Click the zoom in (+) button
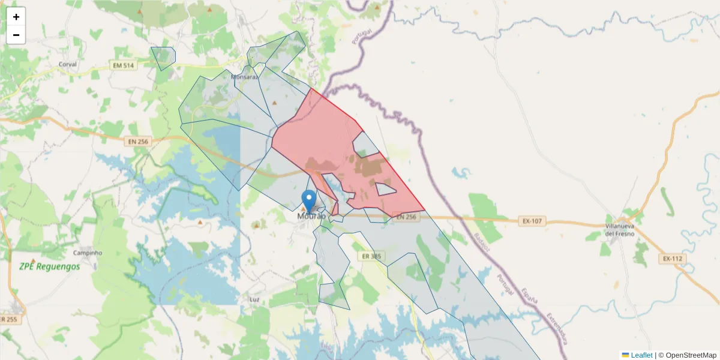click(16, 17)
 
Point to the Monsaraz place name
click(244, 77)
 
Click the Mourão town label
click(311, 216)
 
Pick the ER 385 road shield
click(372, 256)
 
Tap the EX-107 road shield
click(532, 221)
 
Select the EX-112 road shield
click(673, 259)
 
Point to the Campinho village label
click(88, 253)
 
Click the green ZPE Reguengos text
click(49, 266)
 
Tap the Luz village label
click(254, 298)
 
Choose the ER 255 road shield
click(9, 320)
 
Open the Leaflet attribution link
click(641, 355)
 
